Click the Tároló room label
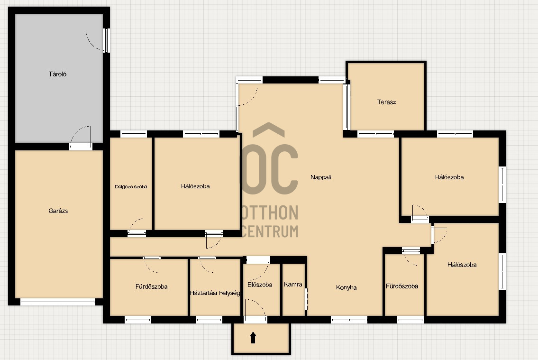[x=58, y=74]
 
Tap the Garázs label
[x=58, y=211]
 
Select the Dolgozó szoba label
[x=131, y=187]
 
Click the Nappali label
[x=321, y=177]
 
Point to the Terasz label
[x=386, y=102]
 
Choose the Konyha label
[x=346, y=287]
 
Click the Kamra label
[x=293, y=284]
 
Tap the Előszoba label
[x=260, y=285]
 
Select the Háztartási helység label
[x=215, y=293]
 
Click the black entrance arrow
[x=253, y=338]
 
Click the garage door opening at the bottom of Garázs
[x=58, y=302]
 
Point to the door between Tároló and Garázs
[x=81, y=147]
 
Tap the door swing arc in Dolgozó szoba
[x=136, y=224]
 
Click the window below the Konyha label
[x=349, y=320]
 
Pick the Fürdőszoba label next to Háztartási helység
[x=151, y=286]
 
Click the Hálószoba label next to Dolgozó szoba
[x=195, y=186]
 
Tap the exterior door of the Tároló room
[x=106, y=40]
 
